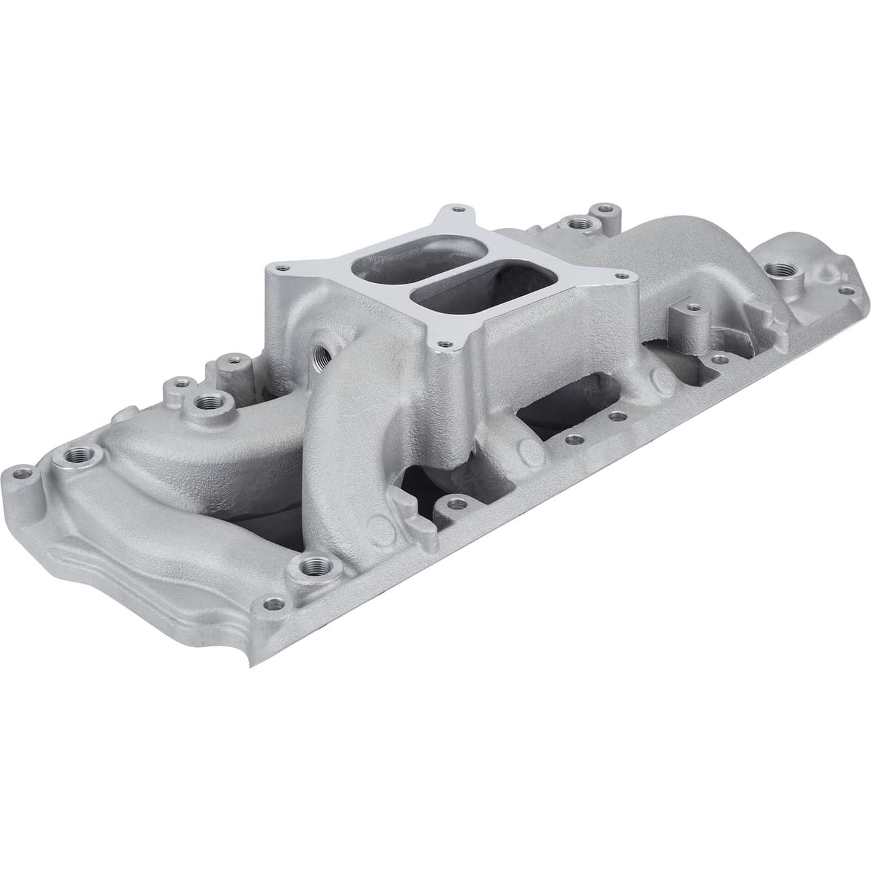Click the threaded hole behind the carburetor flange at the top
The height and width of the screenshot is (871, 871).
click(x=579, y=222)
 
